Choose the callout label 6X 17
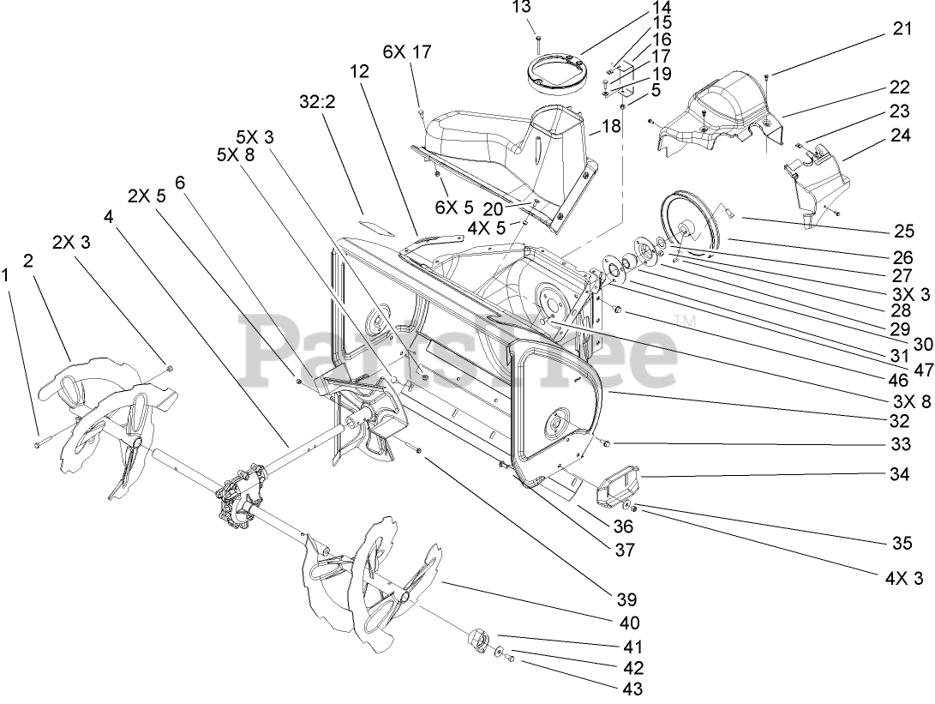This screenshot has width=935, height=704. (x=409, y=53)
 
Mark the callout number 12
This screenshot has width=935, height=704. (x=358, y=73)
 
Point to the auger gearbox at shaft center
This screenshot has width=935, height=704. (x=239, y=497)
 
